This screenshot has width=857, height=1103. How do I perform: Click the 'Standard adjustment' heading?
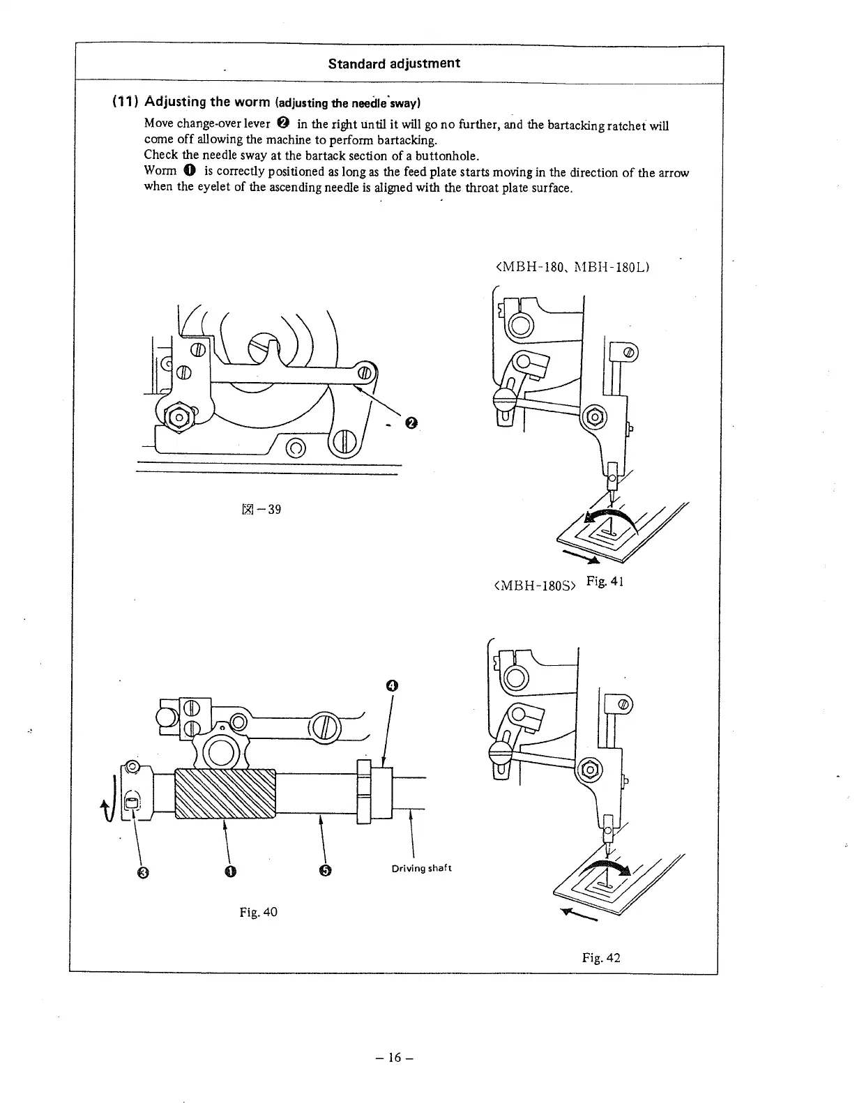(394, 63)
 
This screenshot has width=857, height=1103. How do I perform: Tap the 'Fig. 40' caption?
(258, 911)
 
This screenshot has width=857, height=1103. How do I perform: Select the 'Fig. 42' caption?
(601, 957)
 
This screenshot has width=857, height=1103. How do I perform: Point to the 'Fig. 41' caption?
(605, 581)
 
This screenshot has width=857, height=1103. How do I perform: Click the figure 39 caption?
(261, 509)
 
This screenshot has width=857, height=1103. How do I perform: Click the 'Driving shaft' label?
(421, 868)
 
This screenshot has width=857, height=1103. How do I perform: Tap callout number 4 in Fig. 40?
(391, 685)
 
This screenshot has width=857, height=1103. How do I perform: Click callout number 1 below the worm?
(229, 872)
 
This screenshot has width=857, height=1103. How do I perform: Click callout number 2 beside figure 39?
(411, 423)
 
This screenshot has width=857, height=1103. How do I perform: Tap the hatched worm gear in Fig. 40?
(225, 793)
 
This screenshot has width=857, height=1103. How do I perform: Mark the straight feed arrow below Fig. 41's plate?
(582, 556)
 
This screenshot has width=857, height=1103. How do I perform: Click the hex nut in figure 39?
(179, 417)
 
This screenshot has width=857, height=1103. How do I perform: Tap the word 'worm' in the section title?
(252, 102)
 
